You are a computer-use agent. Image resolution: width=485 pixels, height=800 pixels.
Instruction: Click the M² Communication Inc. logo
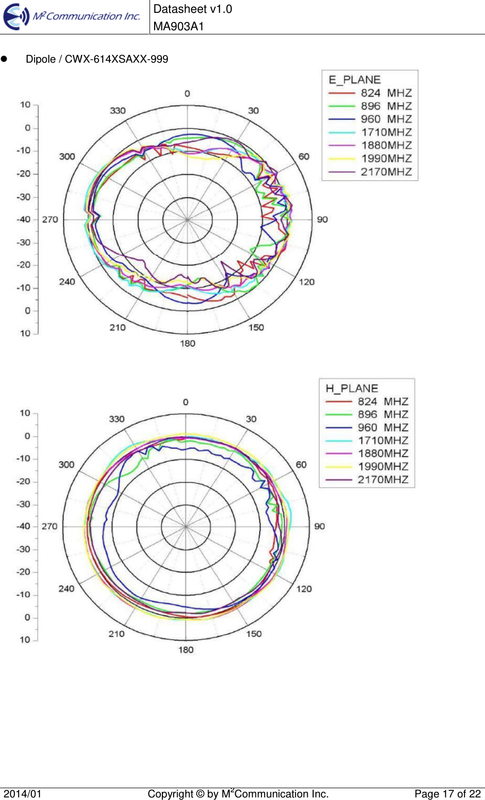pyautogui.click(x=72, y=16)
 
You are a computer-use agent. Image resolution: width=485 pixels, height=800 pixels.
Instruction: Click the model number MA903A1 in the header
pyautogui.click(x=179, y=27)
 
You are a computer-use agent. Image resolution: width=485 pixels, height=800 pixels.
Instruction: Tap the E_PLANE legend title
pyautogui.click(x=355, y=80)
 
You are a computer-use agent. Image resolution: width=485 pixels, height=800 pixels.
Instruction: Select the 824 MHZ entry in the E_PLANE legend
pyautogui.click(x=386, y=93)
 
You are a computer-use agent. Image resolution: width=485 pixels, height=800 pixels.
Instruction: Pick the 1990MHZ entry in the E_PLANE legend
pyautogui.click(x=386, y=159)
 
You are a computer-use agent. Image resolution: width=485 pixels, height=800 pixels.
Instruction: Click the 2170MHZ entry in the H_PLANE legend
pyautogui.click(x=383, y=480)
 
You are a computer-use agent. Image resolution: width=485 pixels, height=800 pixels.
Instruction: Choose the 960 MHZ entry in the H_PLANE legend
pyautogui.click(x=383, y=428)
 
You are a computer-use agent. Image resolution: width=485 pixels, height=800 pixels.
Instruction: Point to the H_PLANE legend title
pyautogui.click(x=352, y=388)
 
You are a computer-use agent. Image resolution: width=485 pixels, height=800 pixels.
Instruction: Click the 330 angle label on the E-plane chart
pyautogui.click(x=118, y=110)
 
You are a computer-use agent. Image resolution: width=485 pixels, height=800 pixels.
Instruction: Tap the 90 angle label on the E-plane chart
pyautogui.click(x=322, y=219)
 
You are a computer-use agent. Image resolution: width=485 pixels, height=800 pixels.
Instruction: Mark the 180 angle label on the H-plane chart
pyautogui.click(x=186, y=650)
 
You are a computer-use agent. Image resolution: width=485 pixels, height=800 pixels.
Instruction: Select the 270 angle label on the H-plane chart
pyautogui.click(x=50, y=526)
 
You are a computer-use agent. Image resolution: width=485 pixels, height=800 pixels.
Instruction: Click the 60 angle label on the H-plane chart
pyautogui.click(x=301, y=464)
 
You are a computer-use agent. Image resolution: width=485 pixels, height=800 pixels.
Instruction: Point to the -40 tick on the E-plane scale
pyautogui.click(x=24, y=219)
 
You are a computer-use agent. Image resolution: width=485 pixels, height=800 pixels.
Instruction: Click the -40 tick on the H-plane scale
pyautogui.click(x=24, y=526)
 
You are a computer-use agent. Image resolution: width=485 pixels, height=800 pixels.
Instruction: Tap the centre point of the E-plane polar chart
pyautogui.click(x=188, y=220)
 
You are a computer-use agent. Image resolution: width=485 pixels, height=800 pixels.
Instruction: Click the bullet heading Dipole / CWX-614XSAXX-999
pyautogui.click(x=97, y=59)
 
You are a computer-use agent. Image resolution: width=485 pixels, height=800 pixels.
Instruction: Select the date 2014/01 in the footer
pyautogui.click(x=23, y=794)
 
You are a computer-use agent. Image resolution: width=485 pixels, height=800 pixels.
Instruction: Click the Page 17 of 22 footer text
pyautogui.click(x=447, y=794)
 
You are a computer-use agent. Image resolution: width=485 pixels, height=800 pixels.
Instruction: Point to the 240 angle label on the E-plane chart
pyautogui.click(x=67, y=281)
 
